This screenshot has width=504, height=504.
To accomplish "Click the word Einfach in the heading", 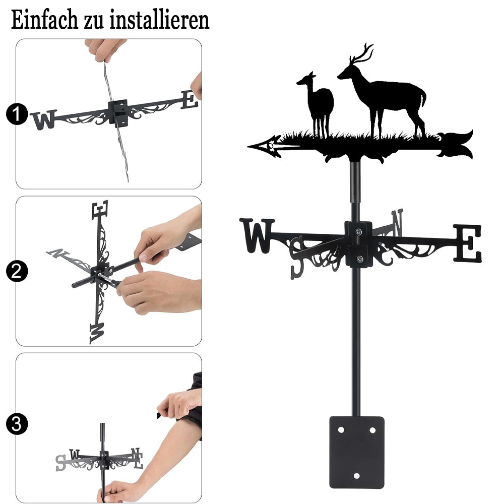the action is (x=44, y=20).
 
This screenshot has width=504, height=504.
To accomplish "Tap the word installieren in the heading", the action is (x=160, y=20).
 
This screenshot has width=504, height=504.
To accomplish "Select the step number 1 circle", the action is (x=17, y=114).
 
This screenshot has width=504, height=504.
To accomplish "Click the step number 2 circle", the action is (x=17, y=271).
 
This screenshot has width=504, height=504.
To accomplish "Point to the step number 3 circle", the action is (x=17, y=424).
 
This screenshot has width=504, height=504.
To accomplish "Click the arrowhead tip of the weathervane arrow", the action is (x=248, y=147).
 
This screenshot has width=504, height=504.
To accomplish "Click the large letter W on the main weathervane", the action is (x=257, y=235).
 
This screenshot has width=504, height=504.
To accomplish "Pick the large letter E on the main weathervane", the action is (x=468, y=243).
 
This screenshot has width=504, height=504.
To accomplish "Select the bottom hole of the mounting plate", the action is (x=356, y=476).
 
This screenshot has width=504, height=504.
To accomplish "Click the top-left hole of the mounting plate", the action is (x=341, y=430).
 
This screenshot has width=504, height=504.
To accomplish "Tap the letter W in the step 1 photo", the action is (x=43, y=119).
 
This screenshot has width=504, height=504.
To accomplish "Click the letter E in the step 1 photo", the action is (x=190, y=100).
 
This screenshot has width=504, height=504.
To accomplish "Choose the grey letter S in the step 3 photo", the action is (x=60, y=463).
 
